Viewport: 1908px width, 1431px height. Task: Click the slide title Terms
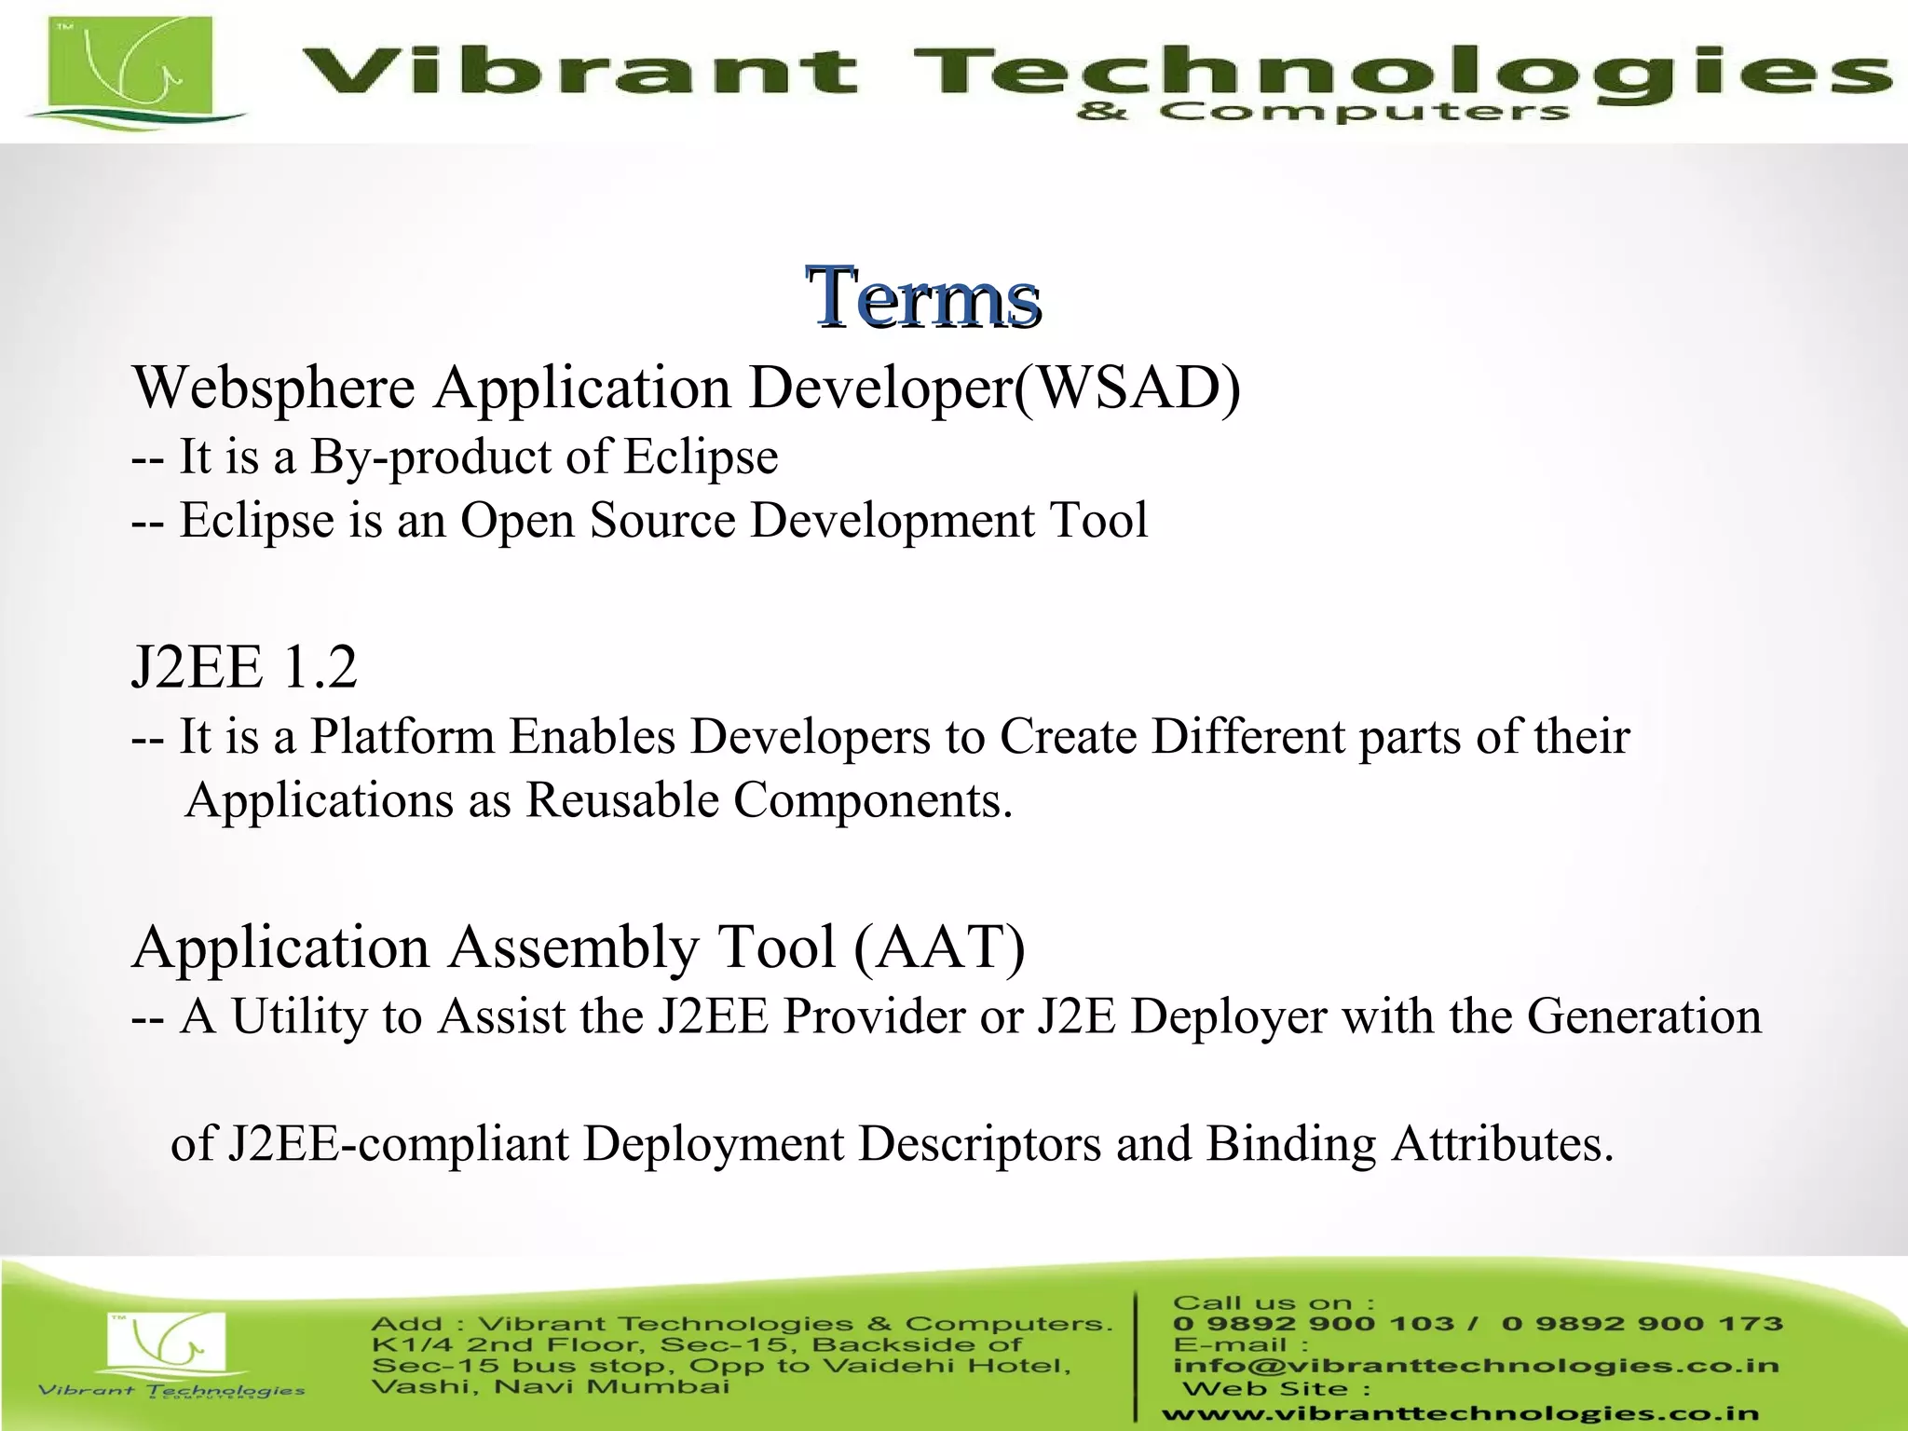tap(923, 298)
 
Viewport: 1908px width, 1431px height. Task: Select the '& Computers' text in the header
tap(1323, 113)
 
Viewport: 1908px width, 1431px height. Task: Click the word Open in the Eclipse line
tap(517, 521)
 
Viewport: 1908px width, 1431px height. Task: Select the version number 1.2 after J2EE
tap(319, 667)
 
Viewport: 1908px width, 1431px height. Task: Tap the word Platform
tap(402, 737)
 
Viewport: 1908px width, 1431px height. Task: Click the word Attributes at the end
tap(1501, 1144)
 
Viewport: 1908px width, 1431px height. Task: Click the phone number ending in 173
tap(1642, 1324)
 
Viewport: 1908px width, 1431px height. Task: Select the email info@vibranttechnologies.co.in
tap(1476, 1366)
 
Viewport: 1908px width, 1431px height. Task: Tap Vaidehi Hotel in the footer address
tap(947, 1367)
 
